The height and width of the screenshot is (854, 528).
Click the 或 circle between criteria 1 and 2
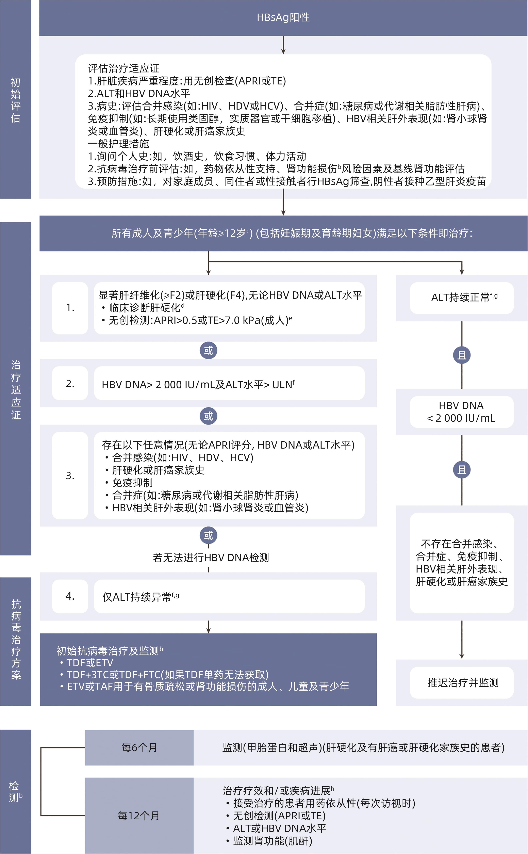pyautogui.click(x=209, y=350)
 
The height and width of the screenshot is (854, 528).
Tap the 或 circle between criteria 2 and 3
pyautogui.click(x=209, y=416)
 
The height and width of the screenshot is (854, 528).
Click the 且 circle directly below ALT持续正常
pyautogui.click(x=462, y=355)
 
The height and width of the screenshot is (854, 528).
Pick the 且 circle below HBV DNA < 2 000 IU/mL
pyautogui.click(x=462, y=470)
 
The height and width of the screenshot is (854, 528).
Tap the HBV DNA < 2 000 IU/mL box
pyautogui.click(x=462, y=412)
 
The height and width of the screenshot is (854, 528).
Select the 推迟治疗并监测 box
pyautogui.click(x=462, y=682)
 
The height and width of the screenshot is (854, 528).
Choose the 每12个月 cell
pyautogui.click(x=139, y=816)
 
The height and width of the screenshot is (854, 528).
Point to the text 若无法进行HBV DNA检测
pyautogui.click(x=211, y=558)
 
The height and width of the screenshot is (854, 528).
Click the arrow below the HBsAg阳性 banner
pyautogui.click(x=283, y=45)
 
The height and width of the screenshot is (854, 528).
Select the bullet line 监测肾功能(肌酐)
pyautogui.click(x=272, y=841)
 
